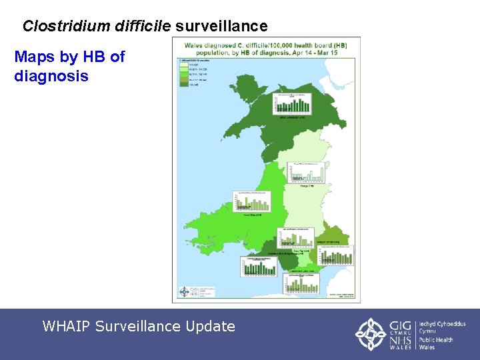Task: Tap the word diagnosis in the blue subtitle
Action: tap(51, 76)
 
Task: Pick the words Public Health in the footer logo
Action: tap(436, 340)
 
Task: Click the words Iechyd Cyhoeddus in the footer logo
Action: tap(442, 324)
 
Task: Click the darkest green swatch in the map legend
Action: tap(183, 85)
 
